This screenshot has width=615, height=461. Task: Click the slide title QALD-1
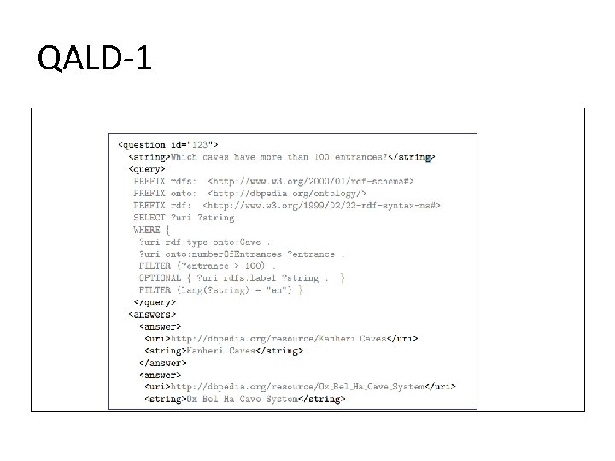coord(95,60)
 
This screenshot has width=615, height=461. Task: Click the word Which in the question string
coord(184,157)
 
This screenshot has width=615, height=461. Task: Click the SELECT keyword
coord(149,218)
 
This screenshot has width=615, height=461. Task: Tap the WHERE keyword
coord(147,230)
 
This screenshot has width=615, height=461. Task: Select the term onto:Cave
coord(238,242)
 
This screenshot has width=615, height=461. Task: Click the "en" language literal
coord(275,289)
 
